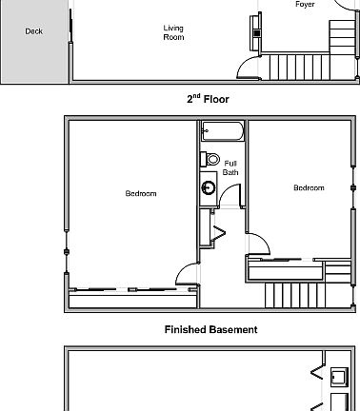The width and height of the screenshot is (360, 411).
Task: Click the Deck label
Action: (34, 31)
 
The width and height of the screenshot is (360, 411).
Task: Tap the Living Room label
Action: (173, 32)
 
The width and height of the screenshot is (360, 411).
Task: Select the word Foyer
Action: (305, 5)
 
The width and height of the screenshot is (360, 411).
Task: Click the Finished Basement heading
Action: (210, 330)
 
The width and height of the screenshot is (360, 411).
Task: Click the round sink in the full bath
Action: (209, 188)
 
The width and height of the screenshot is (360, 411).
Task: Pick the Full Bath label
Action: (230, 167)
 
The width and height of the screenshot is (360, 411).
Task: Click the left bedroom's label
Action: (141, 194)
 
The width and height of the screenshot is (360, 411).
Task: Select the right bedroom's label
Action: (309, 188)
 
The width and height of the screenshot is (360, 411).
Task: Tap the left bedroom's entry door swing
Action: (188, 275)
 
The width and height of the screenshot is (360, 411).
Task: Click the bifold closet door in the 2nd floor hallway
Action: (217, 230)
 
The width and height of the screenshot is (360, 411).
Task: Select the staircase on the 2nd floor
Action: (295, 295)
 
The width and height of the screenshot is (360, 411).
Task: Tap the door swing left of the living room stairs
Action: (248, 68)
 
